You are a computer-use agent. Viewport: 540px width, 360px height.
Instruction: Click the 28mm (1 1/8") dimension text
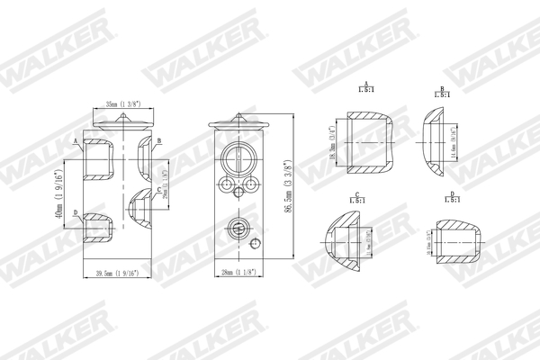point(238,274)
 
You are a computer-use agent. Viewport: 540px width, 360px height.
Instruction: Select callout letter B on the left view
point(158,141)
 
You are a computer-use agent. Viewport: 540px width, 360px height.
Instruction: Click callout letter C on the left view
point(158,190)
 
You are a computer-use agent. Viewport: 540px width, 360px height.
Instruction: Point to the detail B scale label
point(442,93)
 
